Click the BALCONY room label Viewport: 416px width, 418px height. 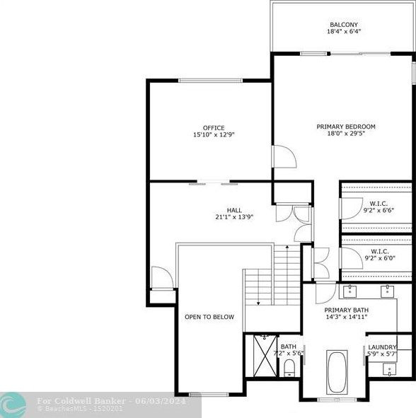pos(344,25)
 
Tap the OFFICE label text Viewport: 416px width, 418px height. pos(214,128)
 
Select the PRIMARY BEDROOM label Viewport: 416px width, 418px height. pos(345,127)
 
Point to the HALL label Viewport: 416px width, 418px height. pos(233,210)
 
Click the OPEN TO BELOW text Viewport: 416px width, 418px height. pos(209,317)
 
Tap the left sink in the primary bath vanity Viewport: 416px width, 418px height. pos(350,290)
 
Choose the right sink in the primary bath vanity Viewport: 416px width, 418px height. pos(387,290)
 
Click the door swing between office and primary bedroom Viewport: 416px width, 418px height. pos(281,157)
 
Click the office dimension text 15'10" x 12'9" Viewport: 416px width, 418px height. pos(214,135)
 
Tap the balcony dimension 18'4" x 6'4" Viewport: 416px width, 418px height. pos(344,32)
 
